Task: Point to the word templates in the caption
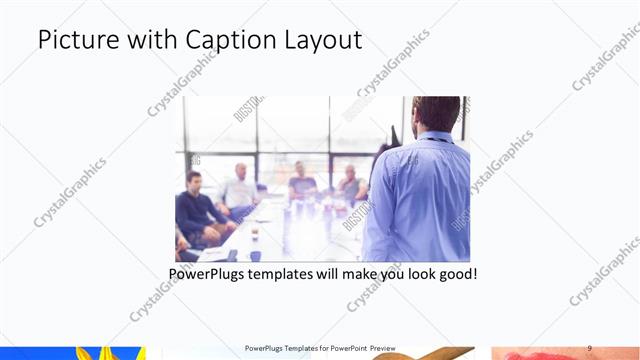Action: [x=294, y=273]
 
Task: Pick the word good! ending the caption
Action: [x=456, y=273]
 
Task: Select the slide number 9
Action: [x=590, y=347]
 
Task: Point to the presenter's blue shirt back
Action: [x=420, y=200]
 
